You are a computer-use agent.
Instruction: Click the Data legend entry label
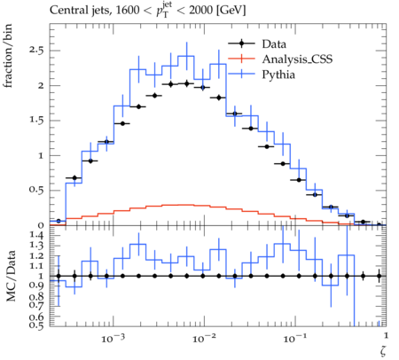274,44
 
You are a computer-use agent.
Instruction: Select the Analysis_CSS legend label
297,59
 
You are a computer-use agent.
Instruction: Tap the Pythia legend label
278,74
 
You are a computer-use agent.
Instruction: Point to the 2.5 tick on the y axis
35,51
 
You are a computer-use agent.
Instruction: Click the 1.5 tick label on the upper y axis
36,121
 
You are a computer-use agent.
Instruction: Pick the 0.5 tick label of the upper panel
36,191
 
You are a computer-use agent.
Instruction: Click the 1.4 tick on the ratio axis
36,236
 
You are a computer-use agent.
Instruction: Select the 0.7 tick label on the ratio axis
36,304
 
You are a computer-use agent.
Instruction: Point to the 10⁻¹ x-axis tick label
293,338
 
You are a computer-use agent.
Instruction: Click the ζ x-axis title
383,351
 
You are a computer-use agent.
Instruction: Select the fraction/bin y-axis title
8,56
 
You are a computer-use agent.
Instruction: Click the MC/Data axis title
11,276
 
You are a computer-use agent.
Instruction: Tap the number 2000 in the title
200,11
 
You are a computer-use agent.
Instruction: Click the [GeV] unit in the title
231,11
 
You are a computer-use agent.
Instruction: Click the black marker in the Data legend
241,43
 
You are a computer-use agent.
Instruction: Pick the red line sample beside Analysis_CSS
241,59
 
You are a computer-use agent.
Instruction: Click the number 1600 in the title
128,11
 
